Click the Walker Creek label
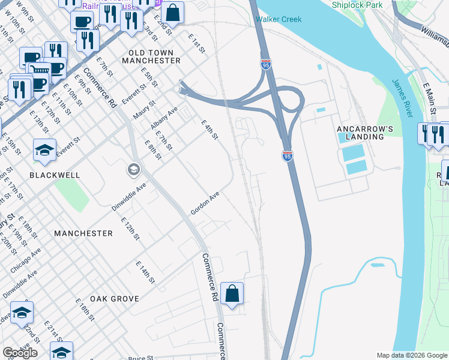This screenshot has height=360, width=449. point(278,19)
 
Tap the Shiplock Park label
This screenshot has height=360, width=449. point(357,5)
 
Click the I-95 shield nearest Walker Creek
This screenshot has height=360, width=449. point(266,64)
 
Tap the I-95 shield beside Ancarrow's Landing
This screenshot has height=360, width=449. point(288,156)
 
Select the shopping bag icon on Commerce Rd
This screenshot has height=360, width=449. point(232,293)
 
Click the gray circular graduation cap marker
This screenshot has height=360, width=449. point(133,170)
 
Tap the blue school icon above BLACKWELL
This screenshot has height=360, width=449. point(44,150)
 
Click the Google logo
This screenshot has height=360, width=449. point(20,353)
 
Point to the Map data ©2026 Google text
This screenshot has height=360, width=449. point(412,355)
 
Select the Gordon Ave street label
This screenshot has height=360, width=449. point(205,204)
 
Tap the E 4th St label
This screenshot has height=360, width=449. point(209,130)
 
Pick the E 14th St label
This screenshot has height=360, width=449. point(145,272)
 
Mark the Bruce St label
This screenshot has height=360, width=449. point(142,358)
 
